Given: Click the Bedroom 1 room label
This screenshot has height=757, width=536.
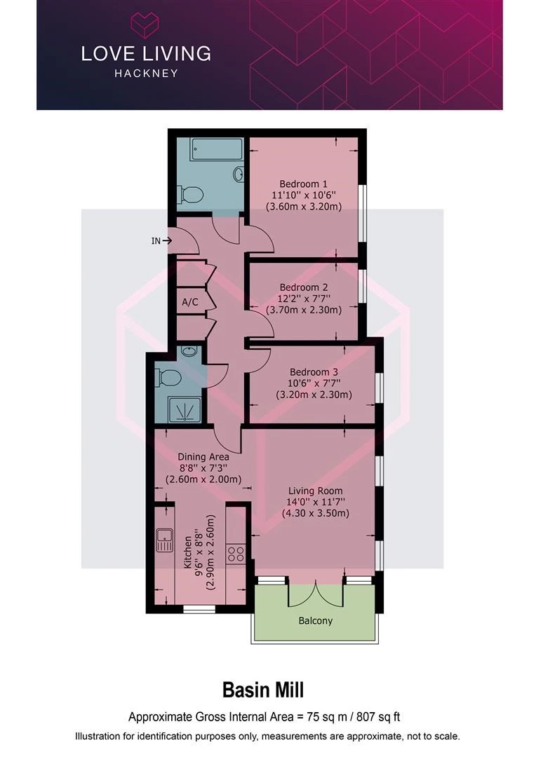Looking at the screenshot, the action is click(x=304, y=184).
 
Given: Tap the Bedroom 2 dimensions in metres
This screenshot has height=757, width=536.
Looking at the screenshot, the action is click(x=304, y=310).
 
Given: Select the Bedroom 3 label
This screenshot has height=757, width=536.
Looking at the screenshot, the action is click(x=314, y=372).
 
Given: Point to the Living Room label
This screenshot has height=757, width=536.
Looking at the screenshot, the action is click(x=316, y=491).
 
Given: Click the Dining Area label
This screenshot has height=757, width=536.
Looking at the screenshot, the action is click(x=203, y=457).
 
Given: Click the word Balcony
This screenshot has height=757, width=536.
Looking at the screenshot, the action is click(x=316, y=621).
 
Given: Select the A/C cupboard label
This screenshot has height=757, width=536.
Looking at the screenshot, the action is click(x=190, y=302).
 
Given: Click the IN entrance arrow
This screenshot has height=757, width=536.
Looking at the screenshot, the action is click(x=168, y=240).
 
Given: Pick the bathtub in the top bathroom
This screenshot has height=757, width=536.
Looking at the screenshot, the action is click(x=216, y=150).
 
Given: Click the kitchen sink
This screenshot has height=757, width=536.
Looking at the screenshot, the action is click(x=165, y=540).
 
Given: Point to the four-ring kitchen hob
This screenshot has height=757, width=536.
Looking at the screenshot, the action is click(x=236, y=554).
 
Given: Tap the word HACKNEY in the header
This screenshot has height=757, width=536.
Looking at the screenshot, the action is click(x=147, y=74).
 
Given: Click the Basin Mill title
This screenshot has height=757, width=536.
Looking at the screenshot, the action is click(x=263, y=690).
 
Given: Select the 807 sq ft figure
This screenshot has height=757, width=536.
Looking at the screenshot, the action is click(x=378, y=717).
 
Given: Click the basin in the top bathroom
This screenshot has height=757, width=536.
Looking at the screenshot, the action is click(x=239, y=175).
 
